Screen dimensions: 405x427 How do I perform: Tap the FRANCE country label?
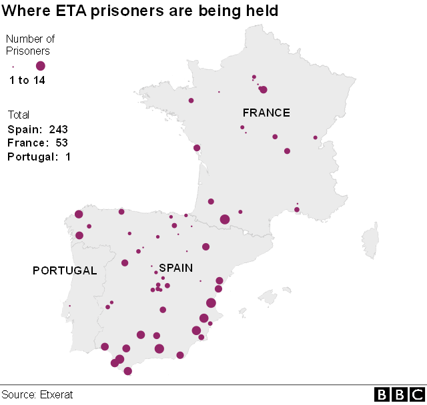(266, 113)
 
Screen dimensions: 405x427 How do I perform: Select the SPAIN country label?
(175, 268)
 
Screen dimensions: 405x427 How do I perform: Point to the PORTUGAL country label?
(65, 270)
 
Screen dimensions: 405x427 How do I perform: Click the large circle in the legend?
(40, 65)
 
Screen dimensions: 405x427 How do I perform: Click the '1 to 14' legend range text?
(27, 81)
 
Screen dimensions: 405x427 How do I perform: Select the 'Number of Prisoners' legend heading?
(30, 45)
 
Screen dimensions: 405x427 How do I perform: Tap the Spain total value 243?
(59, 129)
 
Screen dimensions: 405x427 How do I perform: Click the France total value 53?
(62, 143)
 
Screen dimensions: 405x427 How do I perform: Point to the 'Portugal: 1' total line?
(39, 157)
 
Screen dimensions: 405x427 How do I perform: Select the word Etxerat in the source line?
(56, 395)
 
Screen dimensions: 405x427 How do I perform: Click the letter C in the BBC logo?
(416, 395)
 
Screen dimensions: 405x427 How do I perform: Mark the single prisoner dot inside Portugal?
(69, 306)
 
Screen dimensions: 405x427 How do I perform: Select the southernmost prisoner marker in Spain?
(127, 371)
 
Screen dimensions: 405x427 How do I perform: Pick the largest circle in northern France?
(263, 90)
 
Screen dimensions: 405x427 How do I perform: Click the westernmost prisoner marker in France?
(191, 101)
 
